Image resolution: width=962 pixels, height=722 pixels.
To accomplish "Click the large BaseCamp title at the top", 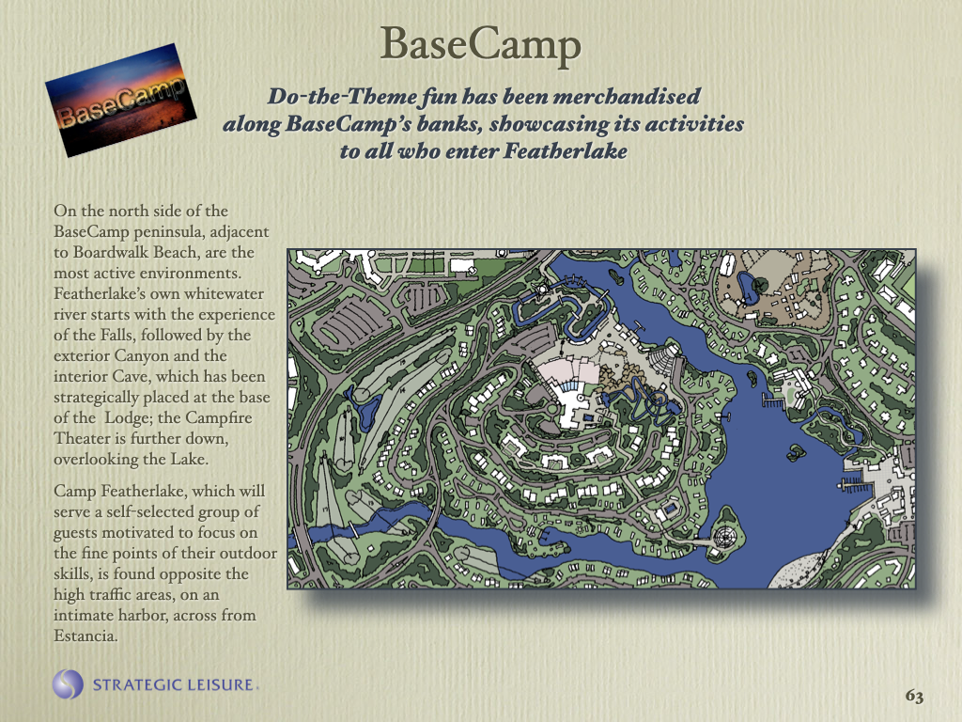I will point(481,44).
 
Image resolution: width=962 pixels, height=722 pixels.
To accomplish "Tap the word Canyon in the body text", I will point(142,355).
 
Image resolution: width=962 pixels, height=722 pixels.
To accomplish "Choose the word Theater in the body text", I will point(85,438).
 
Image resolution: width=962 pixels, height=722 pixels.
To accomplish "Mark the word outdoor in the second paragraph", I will point(244,553).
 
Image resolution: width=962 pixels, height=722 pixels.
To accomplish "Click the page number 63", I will point(914,697).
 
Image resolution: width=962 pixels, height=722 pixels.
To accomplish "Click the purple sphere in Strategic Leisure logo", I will point(69,683).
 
